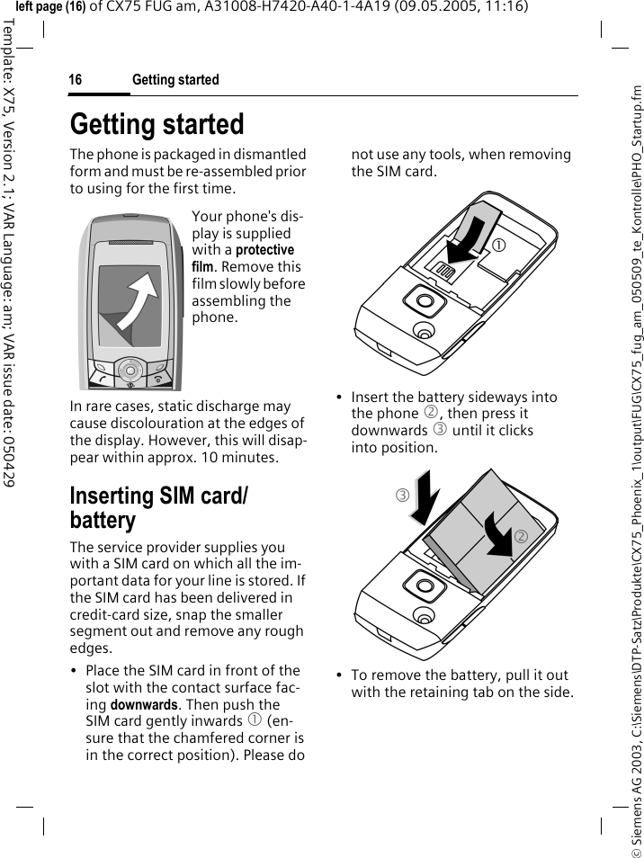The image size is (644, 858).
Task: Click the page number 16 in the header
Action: tap(76, 80)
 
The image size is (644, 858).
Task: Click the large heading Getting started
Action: tap(157, 124)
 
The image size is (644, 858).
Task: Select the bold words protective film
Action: tap(243, 258)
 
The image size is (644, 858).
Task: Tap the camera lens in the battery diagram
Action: tap(417, 591)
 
